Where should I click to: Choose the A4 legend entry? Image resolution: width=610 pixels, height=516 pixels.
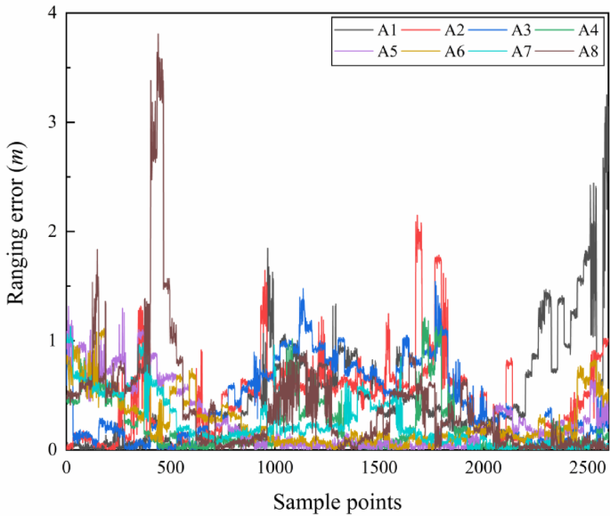(569, 30)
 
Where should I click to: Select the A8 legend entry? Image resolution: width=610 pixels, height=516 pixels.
(569, 51)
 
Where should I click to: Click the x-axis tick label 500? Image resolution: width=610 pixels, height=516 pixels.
(170, 468)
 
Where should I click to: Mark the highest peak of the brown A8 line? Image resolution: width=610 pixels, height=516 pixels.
(158, 35)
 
